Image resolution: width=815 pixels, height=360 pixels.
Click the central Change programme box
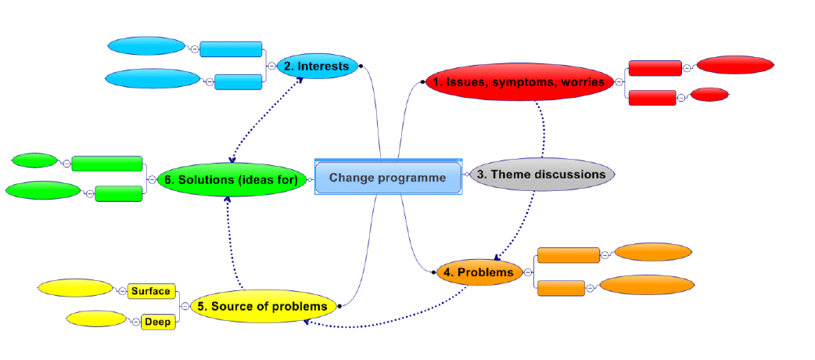(x=388, y=178)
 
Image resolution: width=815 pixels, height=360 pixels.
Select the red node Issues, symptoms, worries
(x=519, y=82)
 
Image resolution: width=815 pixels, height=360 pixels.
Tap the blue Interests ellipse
(x=317, y=67)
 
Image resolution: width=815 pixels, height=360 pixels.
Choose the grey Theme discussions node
(x=541, y=175)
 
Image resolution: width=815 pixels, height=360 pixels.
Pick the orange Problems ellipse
(x=479, y=272)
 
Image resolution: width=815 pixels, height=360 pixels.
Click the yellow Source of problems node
(x=263, y=306)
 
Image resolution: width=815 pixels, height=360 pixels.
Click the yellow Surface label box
(x=151, y=291)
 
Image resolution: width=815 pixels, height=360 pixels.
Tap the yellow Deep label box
(x=157, y=322)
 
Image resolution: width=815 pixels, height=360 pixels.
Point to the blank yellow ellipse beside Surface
(x=75, y=288)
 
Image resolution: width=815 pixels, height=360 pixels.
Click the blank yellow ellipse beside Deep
(x=96, y=319)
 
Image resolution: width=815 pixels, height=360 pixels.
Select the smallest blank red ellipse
(x=710, y=95)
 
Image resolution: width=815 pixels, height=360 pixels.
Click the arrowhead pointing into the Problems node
(x=497, y=257)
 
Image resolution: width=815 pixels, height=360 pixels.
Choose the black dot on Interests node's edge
(x=360, y=67)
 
